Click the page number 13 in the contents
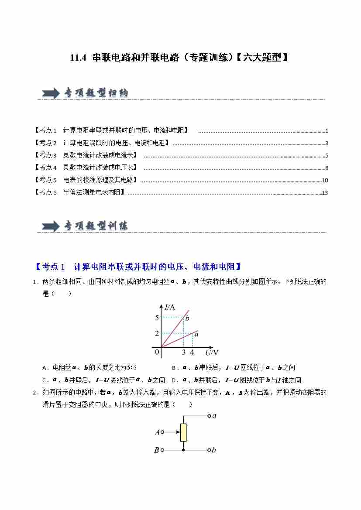[324, 193]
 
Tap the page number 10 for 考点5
[324, 181]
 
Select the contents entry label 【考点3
[45, 155]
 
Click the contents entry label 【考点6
[45, 192]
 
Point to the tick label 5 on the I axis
[157, 318]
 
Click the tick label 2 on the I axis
[157, 334]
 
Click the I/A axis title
[170, 307]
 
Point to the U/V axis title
[212, 353]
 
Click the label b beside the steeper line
[187, 318]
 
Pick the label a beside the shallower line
[196, 334]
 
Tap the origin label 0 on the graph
[157, 352]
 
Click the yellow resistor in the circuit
[183, 432]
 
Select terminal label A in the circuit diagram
[157, 432]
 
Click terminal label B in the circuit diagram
[156, 450]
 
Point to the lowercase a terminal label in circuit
[214, 416]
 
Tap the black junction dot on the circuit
[183, 450]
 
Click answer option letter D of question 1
[174, 380]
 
